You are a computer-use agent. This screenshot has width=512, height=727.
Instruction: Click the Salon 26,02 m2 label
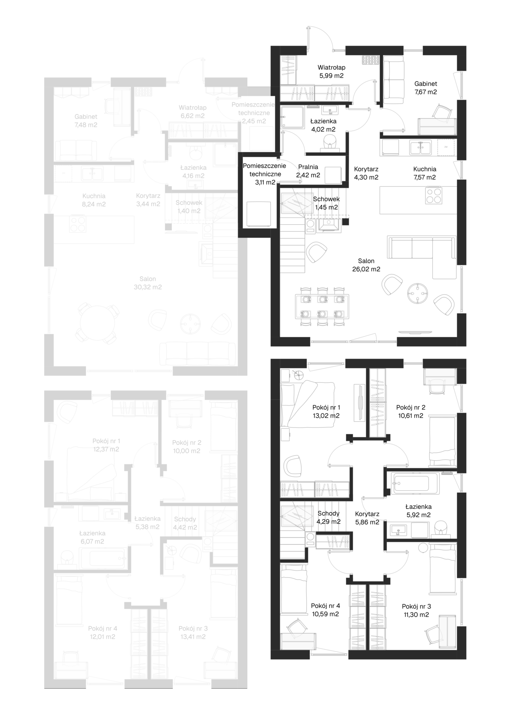[366, 265]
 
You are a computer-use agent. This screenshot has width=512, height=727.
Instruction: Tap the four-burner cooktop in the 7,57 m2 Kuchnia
[434, 195]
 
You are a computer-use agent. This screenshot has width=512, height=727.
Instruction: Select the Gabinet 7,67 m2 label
[425, 88]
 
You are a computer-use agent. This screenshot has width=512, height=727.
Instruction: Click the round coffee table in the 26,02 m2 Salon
[418, 293]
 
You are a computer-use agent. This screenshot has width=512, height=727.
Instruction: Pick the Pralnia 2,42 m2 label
[308, 171]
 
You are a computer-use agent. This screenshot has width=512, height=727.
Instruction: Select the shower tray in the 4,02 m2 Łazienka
[293, 117]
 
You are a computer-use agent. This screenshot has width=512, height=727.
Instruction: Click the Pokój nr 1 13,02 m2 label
[326, 411]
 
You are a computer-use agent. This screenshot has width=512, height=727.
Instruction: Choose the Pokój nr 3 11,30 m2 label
[416, 611]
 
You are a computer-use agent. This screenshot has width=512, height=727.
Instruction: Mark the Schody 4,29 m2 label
[329, 518]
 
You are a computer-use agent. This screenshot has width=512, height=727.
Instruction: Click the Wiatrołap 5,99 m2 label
[331, 71]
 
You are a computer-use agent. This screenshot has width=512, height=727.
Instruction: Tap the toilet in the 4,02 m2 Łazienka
[330, 142]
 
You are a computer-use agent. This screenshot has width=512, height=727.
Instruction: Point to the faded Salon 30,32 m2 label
[148, 283]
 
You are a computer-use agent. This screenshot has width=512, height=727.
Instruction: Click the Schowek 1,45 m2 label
[326, 203]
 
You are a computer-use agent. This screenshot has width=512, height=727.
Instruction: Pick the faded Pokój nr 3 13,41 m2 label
[193, 633]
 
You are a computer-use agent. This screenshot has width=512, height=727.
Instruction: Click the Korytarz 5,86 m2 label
[367, 518]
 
